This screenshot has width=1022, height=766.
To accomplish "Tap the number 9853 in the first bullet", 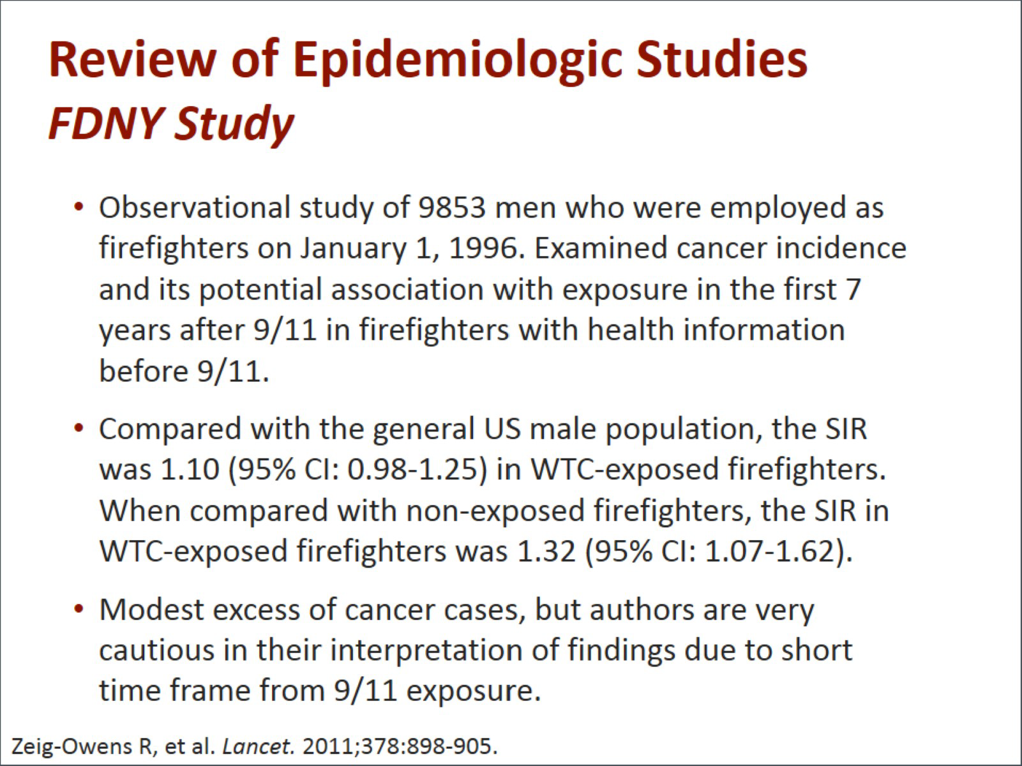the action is pos(452,207).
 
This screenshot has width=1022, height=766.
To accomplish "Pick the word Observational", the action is pos(195,207).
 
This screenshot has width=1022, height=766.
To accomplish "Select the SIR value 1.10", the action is pos(190,469).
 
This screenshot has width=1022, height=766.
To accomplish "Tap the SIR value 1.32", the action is pos(546,551).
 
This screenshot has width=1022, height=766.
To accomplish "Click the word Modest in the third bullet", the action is pos(152,610).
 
